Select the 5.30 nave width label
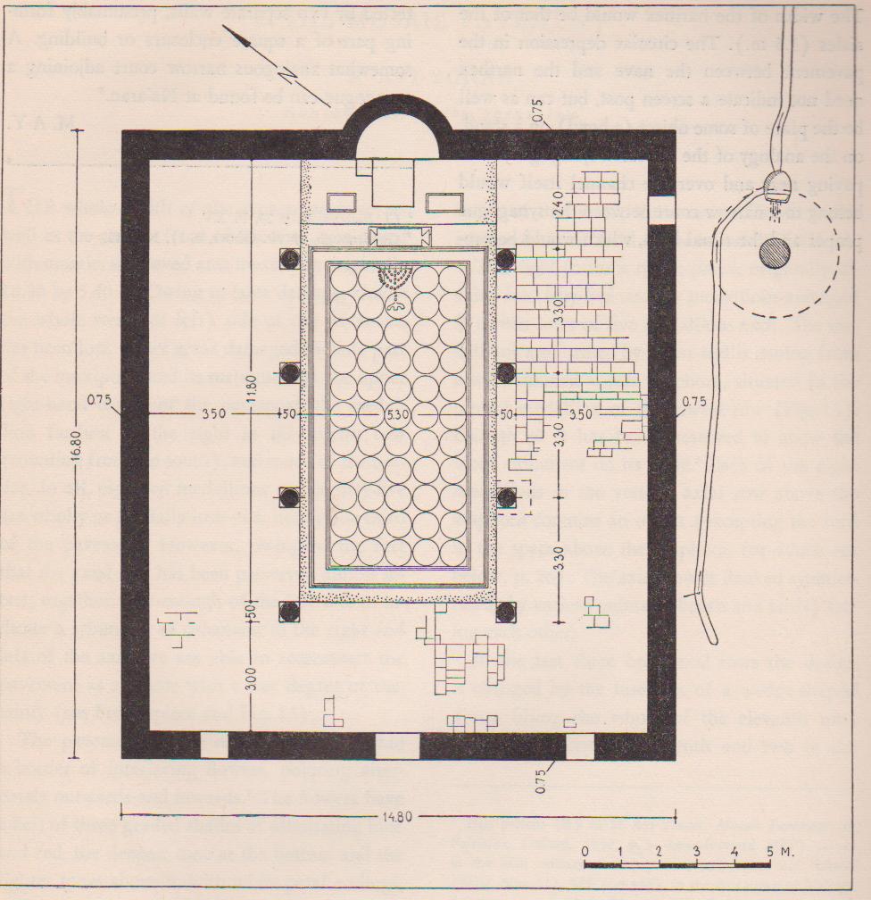[398, 415]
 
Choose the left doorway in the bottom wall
[215, 745]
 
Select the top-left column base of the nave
[289, 259]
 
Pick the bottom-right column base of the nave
[506, 612]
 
